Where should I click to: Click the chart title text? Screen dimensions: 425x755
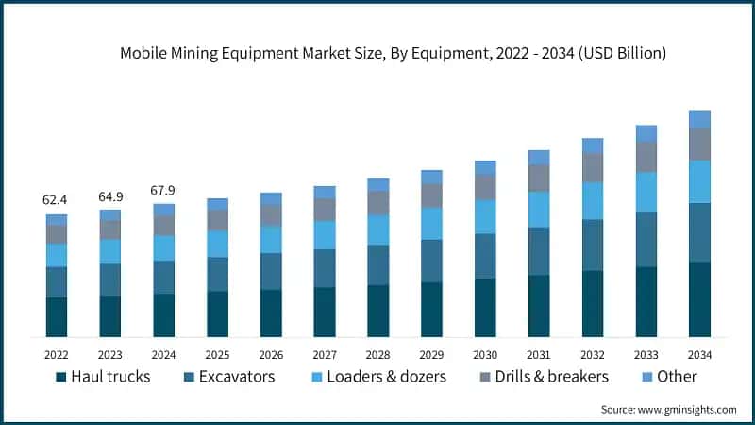[x=393, y=54]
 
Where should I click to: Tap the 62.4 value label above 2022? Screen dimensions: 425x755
[x=57, y=200]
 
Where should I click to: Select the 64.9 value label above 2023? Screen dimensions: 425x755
[x=110, y=196]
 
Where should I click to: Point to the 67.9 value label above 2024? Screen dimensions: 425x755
[x=164, y=191]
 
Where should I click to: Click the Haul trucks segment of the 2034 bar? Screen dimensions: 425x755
[x=699, y=299]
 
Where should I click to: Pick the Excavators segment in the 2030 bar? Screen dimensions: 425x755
[x=485, y=256]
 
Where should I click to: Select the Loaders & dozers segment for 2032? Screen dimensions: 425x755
[x=593, y=201]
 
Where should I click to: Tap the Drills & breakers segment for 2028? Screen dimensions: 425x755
[x=378, y=203]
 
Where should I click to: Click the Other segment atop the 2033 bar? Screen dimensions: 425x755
[x=646, y=133]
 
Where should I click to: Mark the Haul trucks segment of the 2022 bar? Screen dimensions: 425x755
[x=57, y=317]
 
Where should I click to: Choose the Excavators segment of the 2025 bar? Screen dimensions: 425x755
[x=218, y=274]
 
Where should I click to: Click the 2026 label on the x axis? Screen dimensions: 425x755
[x=271, y=354]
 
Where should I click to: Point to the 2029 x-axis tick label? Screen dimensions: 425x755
[x=431, y=354]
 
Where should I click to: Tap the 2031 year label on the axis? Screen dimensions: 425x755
[x=539, y=354]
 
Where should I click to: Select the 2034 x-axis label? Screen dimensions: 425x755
[x=699, y=354]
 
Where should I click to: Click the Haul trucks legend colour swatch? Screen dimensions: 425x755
[x=61, y=377]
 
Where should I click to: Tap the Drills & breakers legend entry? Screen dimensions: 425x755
[x=539, y=377]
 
